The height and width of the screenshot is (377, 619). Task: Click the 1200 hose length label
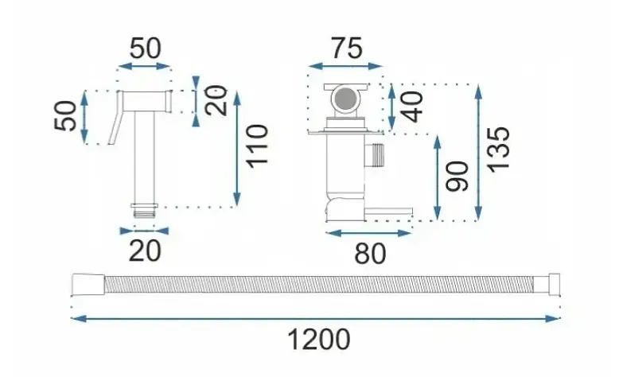click(318, 340)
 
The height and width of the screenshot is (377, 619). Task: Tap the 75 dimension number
click(346, 49)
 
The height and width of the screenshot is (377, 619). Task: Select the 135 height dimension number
click(499, 150)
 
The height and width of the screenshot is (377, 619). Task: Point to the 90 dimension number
click(457, 177)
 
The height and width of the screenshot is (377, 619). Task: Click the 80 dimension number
click(370, 254)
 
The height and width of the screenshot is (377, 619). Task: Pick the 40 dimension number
click(413, 107)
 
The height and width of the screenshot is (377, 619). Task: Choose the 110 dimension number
click(258, 146)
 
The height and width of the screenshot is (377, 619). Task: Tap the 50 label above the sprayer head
click(146, 49)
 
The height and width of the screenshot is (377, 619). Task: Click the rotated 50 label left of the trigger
click(65, 116)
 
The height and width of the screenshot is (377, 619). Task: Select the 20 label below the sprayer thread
click(145, 251)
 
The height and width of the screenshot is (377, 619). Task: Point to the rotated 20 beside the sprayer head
click(216, 101)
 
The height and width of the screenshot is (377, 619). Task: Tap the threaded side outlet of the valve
click(374, 155)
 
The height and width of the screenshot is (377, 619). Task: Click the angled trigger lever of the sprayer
click(115, 118)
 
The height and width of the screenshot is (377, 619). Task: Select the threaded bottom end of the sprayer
click(145, 211)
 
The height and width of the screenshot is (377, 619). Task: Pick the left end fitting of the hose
click(88, 284)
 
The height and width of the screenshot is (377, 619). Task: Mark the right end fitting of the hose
click(547, 284)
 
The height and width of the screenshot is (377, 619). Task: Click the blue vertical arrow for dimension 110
click(237, 149)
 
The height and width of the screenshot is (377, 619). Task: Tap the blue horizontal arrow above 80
click(368, 233)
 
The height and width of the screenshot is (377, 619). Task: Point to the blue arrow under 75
click(345, 66)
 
